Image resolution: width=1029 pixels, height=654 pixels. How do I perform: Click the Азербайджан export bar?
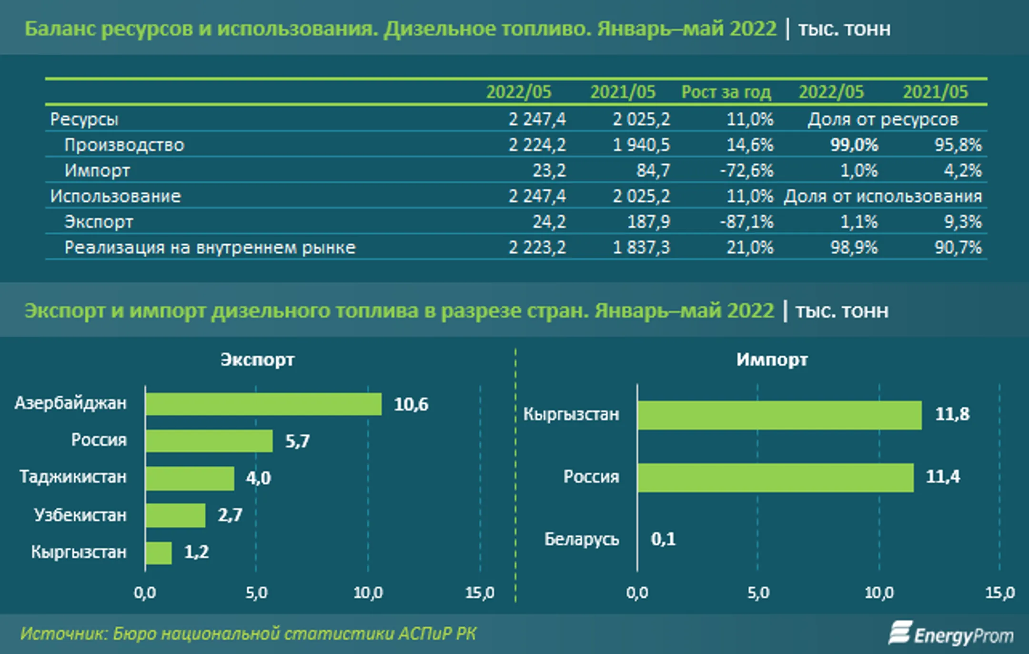(263, 404)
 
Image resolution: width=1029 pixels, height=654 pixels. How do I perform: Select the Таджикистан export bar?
(190, 478)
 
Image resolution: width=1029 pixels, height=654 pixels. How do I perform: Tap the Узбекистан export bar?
(175, 515)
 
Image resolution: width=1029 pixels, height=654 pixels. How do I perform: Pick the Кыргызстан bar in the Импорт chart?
(780, 415)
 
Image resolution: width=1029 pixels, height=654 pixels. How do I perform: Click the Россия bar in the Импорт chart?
(776, 478)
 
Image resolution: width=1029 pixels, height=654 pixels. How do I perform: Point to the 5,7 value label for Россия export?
(297, 441)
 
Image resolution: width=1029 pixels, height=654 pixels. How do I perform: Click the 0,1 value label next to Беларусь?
(663, 539)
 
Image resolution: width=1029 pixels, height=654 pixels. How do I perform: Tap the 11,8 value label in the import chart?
(952, 414)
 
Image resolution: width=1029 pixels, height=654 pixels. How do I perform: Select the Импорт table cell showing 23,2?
(549, 171)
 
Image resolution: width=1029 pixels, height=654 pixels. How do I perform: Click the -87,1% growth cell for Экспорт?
(747, 222)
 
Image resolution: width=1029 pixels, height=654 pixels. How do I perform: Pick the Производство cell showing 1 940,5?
(641, 145)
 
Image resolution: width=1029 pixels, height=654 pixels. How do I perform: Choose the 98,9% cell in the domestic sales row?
(854, 248)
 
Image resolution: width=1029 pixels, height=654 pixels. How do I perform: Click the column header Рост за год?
(726, 92)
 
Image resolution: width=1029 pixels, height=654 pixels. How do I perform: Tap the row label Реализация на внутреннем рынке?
(210, 248)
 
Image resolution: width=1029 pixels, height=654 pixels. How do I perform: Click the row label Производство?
(124, 145)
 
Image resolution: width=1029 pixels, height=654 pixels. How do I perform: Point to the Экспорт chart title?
(257, 360)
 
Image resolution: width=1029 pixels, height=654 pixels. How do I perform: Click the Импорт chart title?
(772, 360)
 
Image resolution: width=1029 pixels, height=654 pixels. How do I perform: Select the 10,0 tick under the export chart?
(368, 593)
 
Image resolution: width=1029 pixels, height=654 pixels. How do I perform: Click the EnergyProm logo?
(951, 634)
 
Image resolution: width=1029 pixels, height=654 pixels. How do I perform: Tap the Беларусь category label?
(582, 539)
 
